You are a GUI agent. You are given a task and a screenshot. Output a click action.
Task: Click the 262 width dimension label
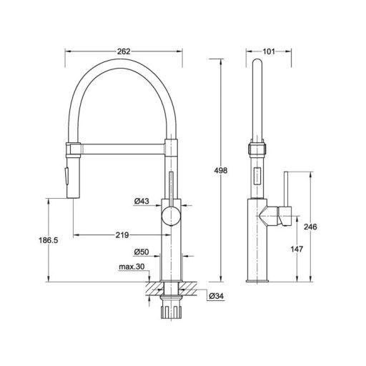coord(124,51)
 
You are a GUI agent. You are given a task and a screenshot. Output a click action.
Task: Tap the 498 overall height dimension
coord(221,170)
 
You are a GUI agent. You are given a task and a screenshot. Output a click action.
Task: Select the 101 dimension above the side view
coord(269,51)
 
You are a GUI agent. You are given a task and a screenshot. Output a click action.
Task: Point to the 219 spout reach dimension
coord(122,235)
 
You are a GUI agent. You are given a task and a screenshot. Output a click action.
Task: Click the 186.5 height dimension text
coord(49,240)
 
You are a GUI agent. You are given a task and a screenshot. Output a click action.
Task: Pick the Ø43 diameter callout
coord(142,202)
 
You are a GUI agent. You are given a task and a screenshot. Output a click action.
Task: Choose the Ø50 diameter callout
coord(142,252)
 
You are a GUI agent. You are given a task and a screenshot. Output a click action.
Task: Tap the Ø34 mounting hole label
coord(217,296)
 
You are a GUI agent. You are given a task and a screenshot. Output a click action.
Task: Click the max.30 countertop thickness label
coord(132,267)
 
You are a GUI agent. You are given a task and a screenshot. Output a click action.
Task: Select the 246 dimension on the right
coord(310,227)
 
